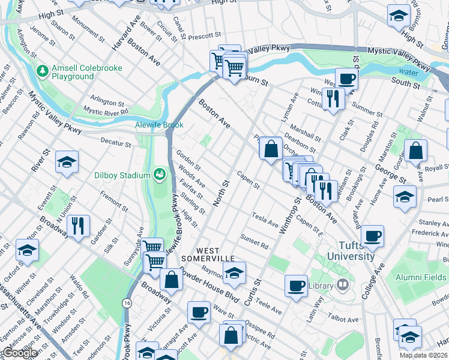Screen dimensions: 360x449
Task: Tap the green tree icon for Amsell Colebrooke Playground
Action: pyautogui.click(x=43, y=72)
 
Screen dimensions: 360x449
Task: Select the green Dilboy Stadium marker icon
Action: pyautogui.click(x=160, y=175)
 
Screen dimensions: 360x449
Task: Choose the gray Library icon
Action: pyautogui.click(x=343, y=286)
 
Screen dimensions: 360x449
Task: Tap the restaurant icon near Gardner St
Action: pyautogui.click(x=78, y=226)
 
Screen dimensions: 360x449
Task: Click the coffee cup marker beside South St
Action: pyautogui.click(x=346, y=79)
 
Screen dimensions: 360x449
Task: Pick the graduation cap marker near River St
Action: pyautogui.click(x=67, y=161)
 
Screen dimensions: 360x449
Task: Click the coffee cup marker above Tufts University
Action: pyautogui.click(x=373, y=236)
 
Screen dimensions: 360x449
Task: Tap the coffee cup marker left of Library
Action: pyautogui.click(x=296, y=286)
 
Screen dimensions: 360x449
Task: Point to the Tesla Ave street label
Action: pyautogui.click(x=265, y=220)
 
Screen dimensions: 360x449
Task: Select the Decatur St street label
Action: pyautogui.click(x=116, y=144)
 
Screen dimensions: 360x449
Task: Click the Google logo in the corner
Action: pyautogui.click(x=20, y=353)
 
